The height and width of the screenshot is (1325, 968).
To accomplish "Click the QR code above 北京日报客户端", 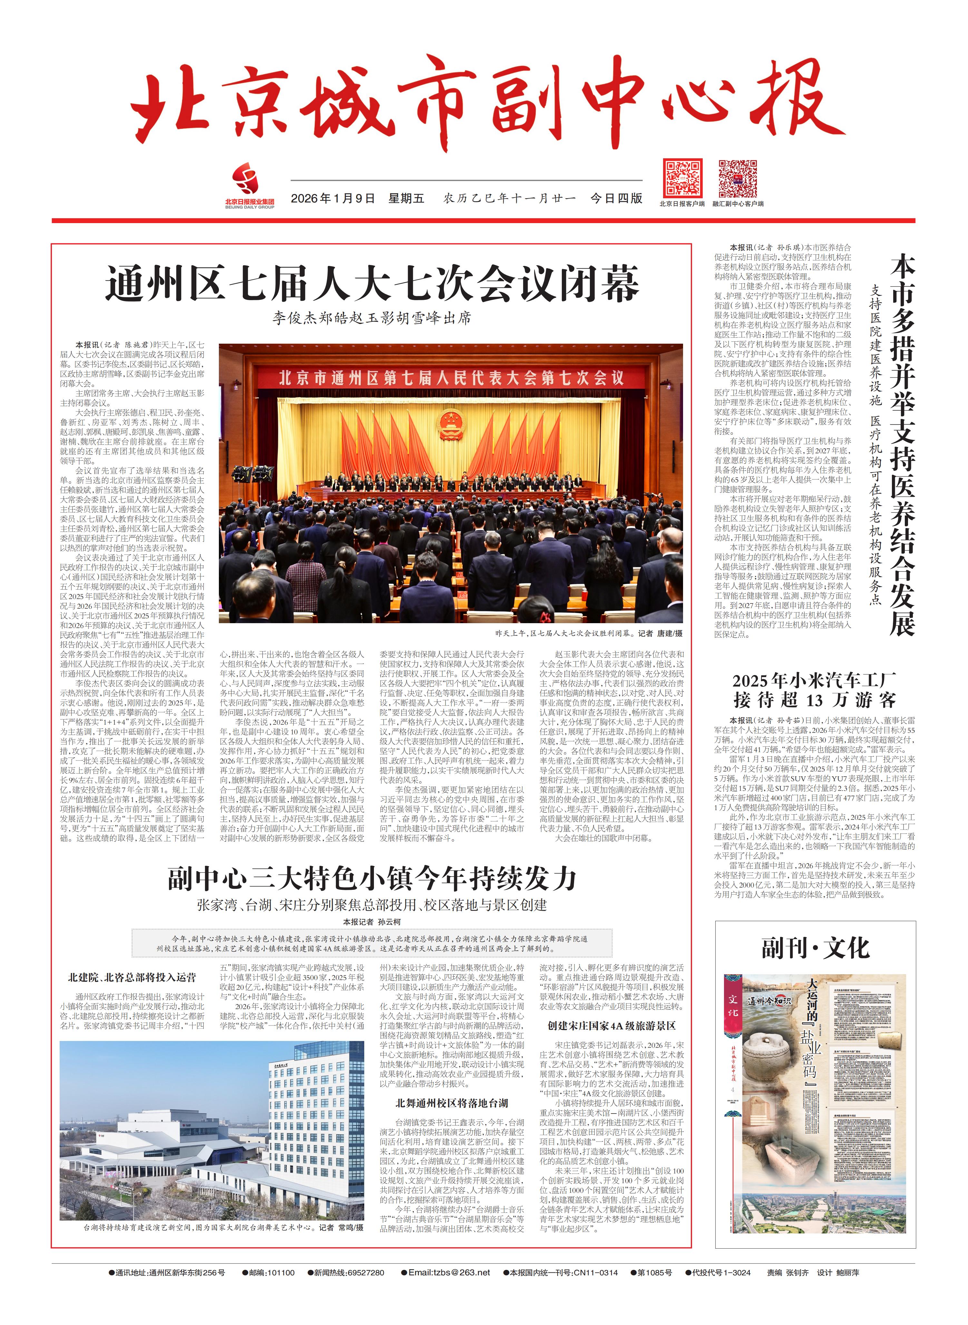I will [x=683, y=178].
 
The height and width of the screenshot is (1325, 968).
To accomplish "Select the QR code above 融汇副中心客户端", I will [x=738, y=178].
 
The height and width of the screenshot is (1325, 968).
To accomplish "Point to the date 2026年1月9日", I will [x=333, y=199].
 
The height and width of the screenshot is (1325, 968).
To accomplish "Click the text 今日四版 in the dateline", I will [x=616, y=199].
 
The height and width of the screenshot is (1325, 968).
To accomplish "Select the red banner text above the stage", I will [x=451, y=378].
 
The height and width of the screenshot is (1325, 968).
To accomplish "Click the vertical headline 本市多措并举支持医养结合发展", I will [x=902, y=446].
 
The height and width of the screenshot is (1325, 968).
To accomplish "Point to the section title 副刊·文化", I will [x=815, y=947].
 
